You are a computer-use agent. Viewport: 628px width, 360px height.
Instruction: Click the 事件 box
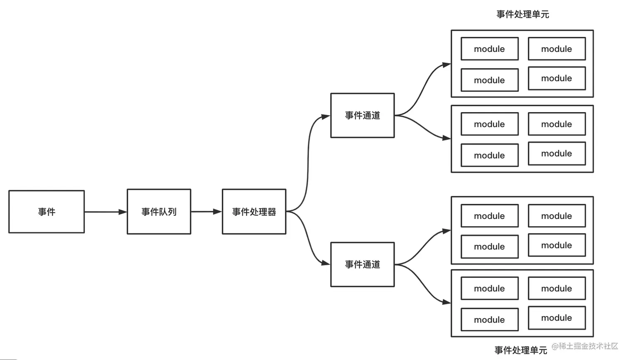click(47, 212)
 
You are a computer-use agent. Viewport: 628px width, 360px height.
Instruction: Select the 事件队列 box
click(159, 212)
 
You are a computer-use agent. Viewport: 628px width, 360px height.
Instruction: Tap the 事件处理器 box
click(254, 212)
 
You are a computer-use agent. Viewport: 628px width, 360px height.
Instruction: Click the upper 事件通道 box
click(363, 115)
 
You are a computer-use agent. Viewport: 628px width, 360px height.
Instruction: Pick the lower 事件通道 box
click(363, 264)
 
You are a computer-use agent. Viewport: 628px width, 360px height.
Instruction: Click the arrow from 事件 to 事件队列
click(105, 212)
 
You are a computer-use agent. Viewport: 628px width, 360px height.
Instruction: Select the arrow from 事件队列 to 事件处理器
click(206, 212)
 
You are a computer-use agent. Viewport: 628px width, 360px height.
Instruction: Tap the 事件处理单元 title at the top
click(523, 14)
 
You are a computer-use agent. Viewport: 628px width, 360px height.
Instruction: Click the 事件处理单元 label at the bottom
click(520, 350)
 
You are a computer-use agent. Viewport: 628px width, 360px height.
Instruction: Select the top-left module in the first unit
click(490, 49)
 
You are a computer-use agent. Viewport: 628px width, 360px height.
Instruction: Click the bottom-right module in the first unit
click(557, 78)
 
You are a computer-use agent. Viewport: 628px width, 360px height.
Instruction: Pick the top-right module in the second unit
click(557, 124)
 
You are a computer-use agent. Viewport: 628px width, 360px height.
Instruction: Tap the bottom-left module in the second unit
click(490, 155)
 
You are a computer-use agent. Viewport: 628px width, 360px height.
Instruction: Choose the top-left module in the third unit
click(490, 216)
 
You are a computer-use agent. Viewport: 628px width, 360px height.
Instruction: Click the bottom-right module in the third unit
click(557, 245)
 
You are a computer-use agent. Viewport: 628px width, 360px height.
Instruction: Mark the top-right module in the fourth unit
click(557, 288)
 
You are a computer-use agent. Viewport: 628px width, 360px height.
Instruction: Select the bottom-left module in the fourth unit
click(490, 320)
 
